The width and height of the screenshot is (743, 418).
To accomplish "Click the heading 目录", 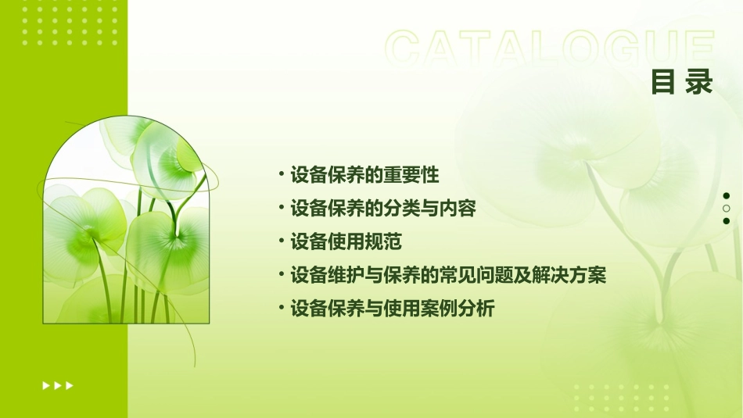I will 682,81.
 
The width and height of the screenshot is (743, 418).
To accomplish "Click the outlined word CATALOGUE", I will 550,48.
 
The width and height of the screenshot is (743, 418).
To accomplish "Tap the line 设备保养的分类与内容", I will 382,208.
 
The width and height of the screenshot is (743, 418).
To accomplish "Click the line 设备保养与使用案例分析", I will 392,309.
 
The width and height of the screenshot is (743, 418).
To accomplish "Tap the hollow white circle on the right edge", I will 727,209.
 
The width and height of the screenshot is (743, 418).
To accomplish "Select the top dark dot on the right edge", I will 727,196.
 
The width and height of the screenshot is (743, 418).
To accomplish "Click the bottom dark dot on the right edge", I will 727,221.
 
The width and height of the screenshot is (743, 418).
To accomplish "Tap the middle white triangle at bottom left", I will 58,385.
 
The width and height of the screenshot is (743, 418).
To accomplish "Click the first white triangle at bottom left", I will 46,385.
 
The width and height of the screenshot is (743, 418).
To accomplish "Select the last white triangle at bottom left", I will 70,385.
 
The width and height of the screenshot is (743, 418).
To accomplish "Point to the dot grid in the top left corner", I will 70,24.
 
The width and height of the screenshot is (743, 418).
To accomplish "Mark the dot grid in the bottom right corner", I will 626,398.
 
